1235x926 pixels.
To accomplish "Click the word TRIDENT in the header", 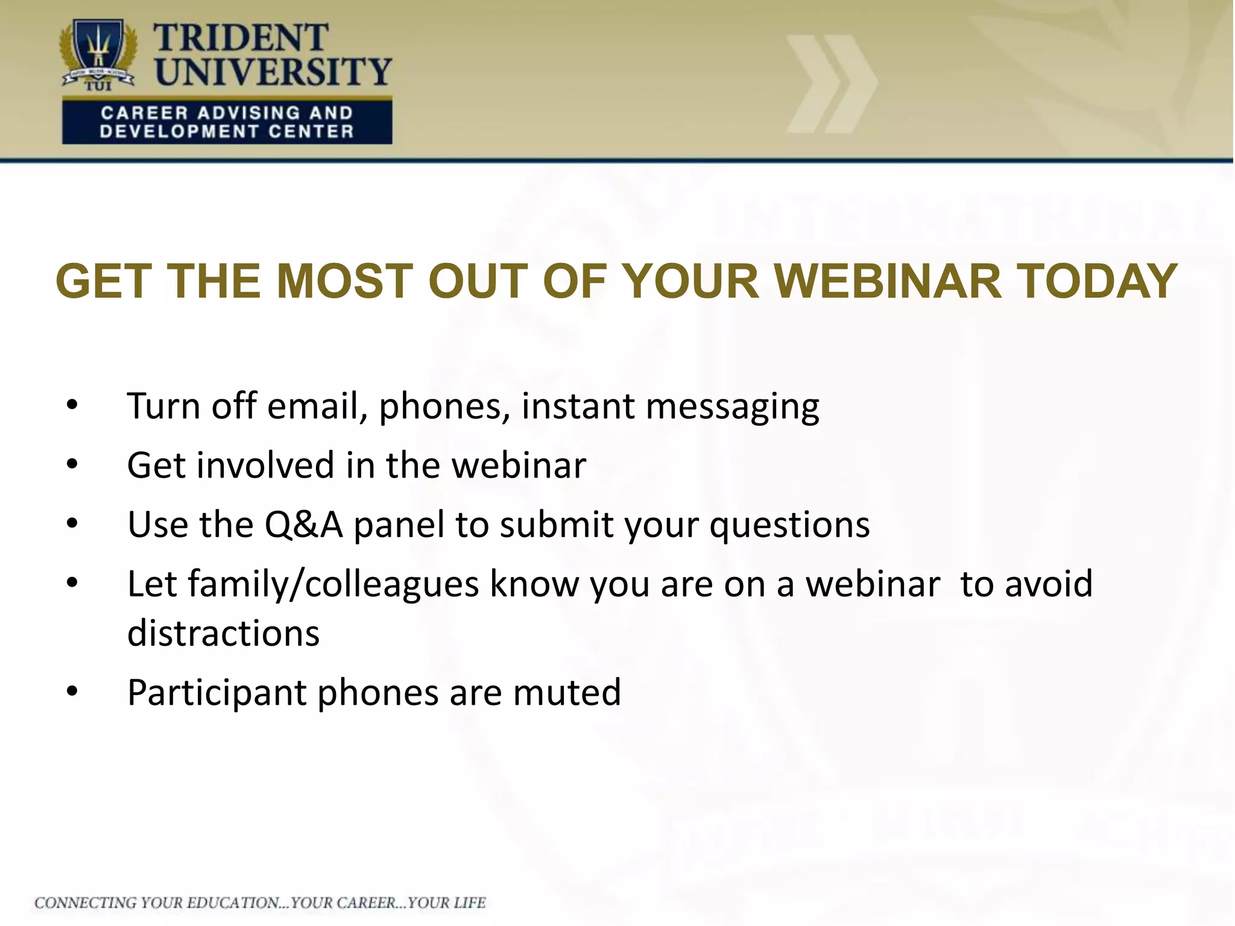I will (241, 37).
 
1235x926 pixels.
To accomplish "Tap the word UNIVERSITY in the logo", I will (273, 72).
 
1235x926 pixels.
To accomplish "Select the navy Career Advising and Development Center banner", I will (227, 122).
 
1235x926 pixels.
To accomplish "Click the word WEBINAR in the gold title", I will (886, 282).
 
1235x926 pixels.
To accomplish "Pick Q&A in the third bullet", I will (304, 524).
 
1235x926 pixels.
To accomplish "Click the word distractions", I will (223, 633).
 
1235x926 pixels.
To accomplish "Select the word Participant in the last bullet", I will (217, 693).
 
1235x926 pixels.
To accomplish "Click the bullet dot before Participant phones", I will (72, 692).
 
